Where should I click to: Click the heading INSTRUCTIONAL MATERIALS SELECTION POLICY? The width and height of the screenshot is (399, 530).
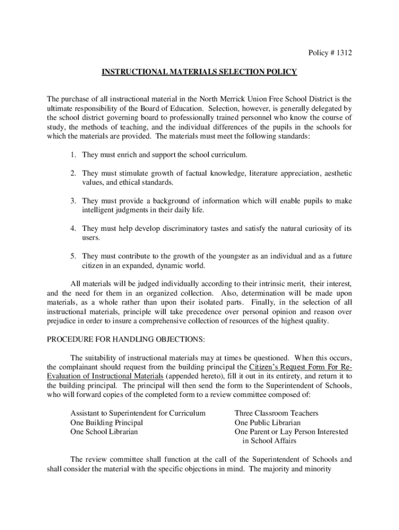199,72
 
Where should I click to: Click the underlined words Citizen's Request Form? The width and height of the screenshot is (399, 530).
295,367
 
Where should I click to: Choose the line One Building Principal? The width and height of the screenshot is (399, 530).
106,422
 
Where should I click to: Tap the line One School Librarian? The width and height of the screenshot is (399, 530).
104,432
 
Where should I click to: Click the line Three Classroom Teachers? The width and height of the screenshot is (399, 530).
276,413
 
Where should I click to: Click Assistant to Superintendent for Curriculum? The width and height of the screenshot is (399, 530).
138,413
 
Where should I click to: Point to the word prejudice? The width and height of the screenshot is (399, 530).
63,321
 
